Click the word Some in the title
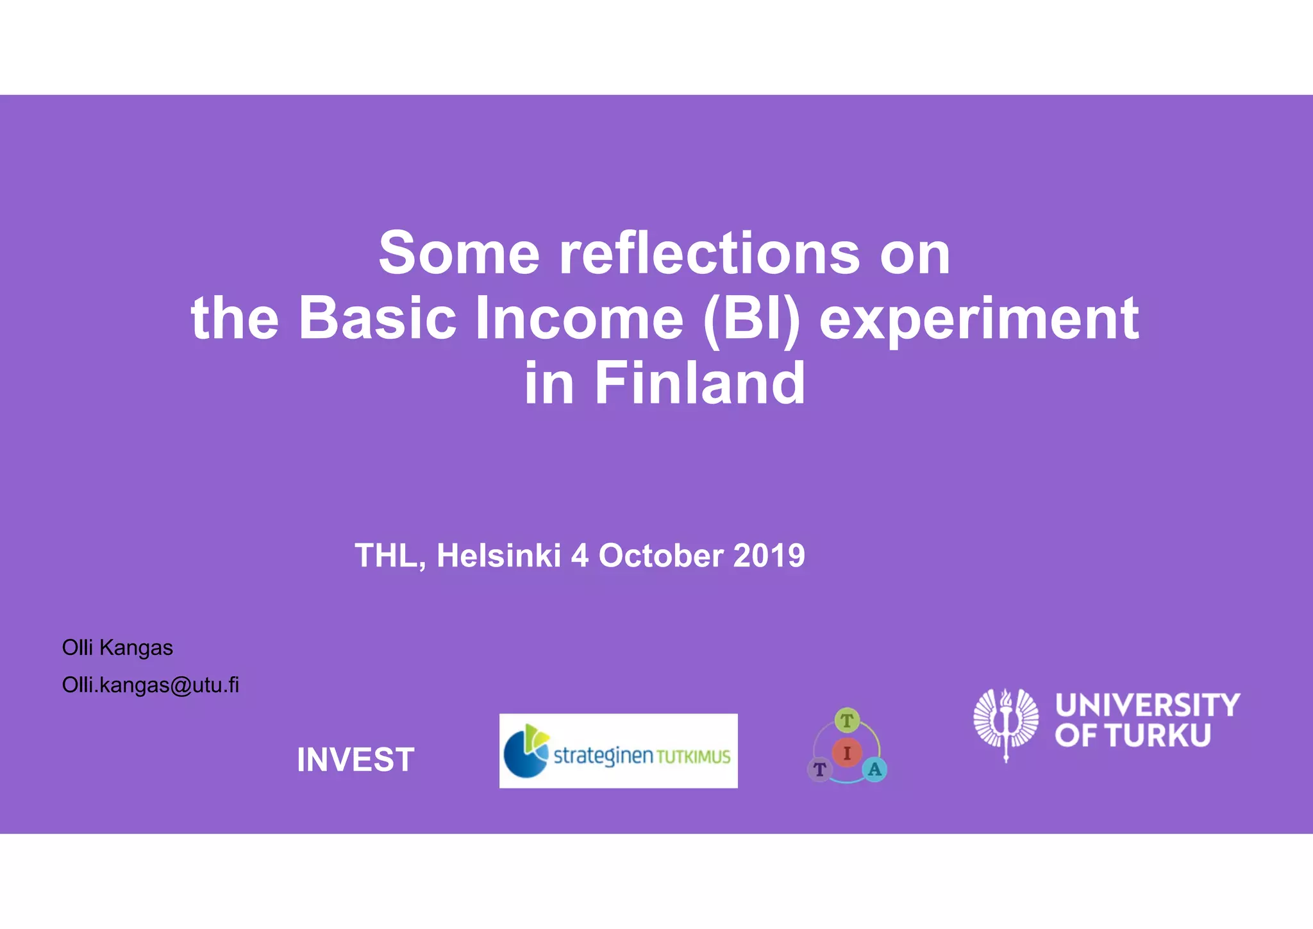tap(458, 253)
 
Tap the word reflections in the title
tap(709, 253)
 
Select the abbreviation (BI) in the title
tap(751, 319)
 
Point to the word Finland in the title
tap(699, 383)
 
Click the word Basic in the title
tap(377, 319)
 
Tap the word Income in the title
tap(579, 319)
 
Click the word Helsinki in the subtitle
tap(499, 556)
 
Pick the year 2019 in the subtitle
tap(769, 556)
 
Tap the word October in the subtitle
tap(661, 556)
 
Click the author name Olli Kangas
tap(117, 648)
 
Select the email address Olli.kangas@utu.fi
tap(150, 685)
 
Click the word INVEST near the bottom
tap(355, 760)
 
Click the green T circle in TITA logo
tap(847, 720)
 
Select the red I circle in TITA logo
tap(847, 753)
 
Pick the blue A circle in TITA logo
tap(874, 769)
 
